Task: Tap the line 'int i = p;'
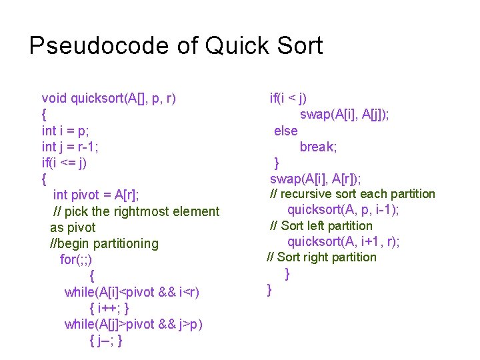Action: click(65, 131)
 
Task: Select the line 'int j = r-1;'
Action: click(70, 147)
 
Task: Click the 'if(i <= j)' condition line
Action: click(64, 163)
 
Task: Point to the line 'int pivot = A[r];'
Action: click(101, 195)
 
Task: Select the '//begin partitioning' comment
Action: click(105, 243)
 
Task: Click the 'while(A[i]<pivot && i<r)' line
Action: click(132, 292)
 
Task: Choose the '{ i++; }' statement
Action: click(109, 308)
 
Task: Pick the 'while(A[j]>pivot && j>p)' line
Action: click(134, 324)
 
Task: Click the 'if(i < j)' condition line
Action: click(288, 99)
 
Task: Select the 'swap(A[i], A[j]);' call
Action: click(345, 115)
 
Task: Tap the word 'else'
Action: click(286, 131)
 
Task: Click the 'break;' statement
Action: click(318, 147)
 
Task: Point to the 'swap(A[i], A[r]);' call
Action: click(315, 179)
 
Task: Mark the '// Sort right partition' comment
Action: click(321, 257)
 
